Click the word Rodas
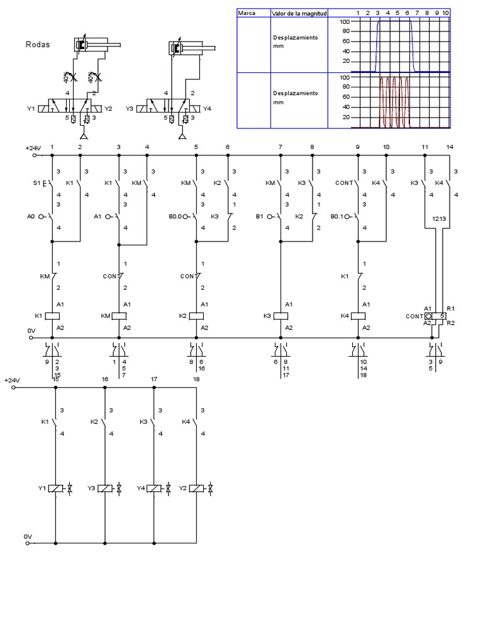tap(37, 45)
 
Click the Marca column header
tap(246, 13)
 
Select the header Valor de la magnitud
tap(296, 13)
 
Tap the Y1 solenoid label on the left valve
tap(31, 108)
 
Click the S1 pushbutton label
tap(36, 183)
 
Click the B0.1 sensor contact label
tap(340, 216)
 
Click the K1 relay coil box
tap(56, 316)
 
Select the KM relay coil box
tap(119, 316)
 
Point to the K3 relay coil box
tap(280, 316)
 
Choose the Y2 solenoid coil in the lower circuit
tap(195, 488)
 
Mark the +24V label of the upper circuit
tap(33, 148)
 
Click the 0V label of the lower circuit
tap(28, 536)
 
